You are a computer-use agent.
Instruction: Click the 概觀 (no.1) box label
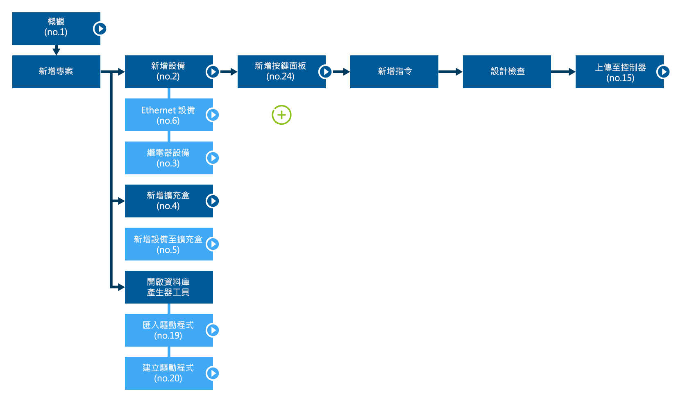tap(56, 27)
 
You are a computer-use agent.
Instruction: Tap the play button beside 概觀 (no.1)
tap(100, 29)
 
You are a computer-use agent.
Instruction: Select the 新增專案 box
tap(56, 71)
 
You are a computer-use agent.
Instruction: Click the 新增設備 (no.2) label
tap(168, 71)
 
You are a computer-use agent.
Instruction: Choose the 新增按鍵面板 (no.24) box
tap(280, 71)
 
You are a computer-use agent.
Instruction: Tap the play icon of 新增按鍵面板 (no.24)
tap(326, 72)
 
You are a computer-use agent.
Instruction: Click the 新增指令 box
tap(395, 71)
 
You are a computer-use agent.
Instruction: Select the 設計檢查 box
tap(508, 71)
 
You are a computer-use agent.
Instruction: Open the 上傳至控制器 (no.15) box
tap(620, 73)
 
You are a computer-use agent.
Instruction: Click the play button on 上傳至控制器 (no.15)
tap(663, 72)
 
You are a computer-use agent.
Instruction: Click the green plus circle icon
tap(281, 115)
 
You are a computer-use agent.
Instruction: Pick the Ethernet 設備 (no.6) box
tap(168, 115)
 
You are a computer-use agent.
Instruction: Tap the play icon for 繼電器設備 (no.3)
tap(213, 158)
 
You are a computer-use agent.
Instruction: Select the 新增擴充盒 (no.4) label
tap(168, 201)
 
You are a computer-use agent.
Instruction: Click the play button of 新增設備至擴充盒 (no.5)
tap(213, 244)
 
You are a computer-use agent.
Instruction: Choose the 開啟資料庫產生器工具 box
tap(168, 287)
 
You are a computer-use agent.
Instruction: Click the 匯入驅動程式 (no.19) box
tap(168, 330)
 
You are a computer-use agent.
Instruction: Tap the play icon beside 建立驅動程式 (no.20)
tap(213, 373)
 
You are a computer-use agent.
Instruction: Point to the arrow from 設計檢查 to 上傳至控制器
tap(563, 72)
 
